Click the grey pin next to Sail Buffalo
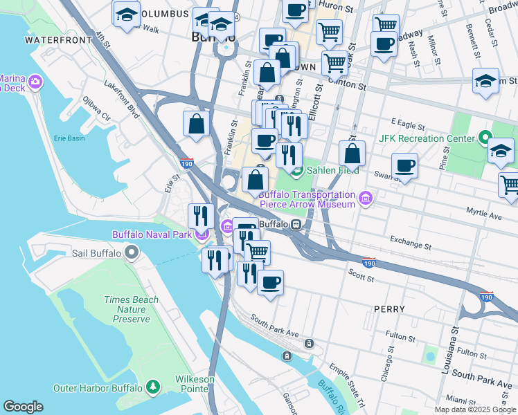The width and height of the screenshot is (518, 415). [131, 253]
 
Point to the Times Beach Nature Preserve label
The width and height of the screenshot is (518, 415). [131, 309]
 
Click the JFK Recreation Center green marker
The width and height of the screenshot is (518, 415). [485, 138]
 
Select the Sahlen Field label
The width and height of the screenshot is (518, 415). [333, 170]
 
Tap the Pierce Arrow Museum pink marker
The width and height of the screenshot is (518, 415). [366, 200]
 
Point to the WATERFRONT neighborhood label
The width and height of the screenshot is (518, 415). [58, 40]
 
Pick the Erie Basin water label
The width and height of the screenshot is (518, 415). [70, 138]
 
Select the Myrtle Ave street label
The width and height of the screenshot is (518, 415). [483, 216]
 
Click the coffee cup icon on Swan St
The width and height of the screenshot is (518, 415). [404, 166]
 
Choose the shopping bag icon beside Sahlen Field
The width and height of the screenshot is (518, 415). [352, 154]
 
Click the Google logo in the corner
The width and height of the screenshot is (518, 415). [24, 407]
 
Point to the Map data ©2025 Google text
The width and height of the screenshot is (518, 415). [474, 409]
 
